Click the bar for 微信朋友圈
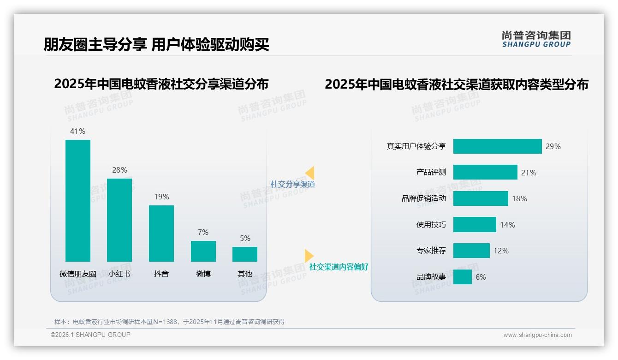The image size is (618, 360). point(78,201)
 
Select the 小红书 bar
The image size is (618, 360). point(119,220)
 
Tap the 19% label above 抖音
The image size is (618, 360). point(161,197)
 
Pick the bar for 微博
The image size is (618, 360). point(203,251)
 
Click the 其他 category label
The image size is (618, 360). point(245,274)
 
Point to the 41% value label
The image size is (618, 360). point(77,131)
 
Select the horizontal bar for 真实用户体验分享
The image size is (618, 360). point(497,146)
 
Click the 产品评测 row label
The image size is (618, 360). point(431,172)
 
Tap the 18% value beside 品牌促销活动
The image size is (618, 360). point(519,198)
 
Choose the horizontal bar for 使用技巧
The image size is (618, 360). point(475,225)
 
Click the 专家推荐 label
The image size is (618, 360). point(431,251)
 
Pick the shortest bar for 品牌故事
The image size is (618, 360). point(463,277)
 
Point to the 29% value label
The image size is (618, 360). point(553,146)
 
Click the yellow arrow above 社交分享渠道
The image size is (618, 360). point(310,173)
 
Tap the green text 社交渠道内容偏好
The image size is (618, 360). point(339,267)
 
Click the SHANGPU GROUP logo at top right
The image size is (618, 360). point(536,39)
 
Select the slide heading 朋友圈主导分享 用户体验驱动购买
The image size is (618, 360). point(156,44)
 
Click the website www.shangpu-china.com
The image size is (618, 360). point(537,335)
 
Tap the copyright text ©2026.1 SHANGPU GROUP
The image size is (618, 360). point(90,335)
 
